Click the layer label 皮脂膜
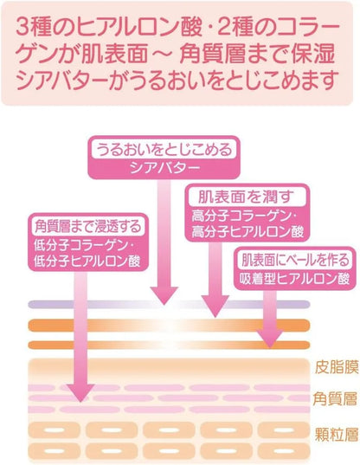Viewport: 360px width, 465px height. (x=337, y=368)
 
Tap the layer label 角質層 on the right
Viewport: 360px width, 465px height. (x=335, y=399)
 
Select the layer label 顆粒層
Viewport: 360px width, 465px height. (x=337, y=434)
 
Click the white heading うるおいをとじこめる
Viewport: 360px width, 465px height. (x=164, y=150)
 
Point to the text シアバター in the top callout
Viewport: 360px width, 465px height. (x=164, y=168)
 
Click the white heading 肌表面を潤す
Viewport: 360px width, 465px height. (x=247, y=197)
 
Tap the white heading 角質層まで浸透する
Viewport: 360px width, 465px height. (x=88, y=227)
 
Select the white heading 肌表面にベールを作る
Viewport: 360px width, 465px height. (x=295, y=260)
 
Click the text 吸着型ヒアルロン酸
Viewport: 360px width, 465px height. (x=295, y=279)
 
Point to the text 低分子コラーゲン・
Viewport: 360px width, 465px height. (x=85, y=246)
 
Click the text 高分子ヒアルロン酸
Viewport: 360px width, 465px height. (x=247, y=232)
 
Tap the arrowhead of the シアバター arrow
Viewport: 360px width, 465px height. (x=164, y=295)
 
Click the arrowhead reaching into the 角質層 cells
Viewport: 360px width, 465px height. (x=80, y=392)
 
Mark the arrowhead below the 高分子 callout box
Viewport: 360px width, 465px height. (x=215, y=307)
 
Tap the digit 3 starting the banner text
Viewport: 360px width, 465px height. (x=22, y=28)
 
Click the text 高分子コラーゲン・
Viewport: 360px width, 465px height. (x=244, y=216)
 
